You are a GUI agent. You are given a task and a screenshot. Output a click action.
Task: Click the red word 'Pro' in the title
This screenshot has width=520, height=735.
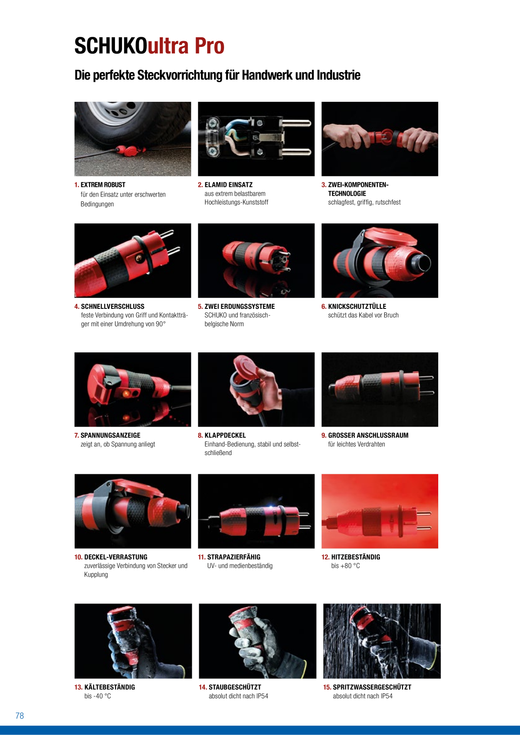coord(209,46)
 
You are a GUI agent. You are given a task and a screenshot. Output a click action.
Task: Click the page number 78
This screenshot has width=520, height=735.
coord(20,716)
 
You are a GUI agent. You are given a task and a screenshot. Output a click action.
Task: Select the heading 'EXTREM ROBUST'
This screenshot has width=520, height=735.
coord(103,185)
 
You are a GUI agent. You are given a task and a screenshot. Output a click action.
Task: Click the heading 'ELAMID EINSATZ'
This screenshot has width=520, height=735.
coord(229,185)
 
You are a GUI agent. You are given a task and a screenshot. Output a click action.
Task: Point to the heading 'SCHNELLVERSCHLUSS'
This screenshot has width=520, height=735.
coord(112,306)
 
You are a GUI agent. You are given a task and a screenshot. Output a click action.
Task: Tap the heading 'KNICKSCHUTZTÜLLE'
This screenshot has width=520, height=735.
coord(357,306)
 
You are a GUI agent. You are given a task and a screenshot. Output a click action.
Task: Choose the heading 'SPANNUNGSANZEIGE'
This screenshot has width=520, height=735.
coord(110,435)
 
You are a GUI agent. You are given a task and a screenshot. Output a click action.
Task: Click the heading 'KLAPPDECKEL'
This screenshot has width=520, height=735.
coord(225,435)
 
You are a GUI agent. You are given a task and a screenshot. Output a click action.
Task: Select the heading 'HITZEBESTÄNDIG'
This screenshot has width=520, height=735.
coord(356,557)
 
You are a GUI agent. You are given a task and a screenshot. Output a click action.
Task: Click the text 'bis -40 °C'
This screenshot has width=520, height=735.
coord(98,696)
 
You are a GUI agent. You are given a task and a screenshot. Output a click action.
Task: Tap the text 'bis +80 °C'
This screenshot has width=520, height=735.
coord(346,566)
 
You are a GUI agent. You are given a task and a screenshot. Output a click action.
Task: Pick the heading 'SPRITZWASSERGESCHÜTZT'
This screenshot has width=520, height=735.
coord(372,687)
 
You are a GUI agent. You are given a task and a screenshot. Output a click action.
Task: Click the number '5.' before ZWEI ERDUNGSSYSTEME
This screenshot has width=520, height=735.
coord(200,306)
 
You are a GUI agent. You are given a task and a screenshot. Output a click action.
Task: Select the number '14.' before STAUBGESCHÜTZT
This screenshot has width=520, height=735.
coord(203,687)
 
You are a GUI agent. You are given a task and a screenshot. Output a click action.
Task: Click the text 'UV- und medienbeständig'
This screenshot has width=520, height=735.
coord(240,566)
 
